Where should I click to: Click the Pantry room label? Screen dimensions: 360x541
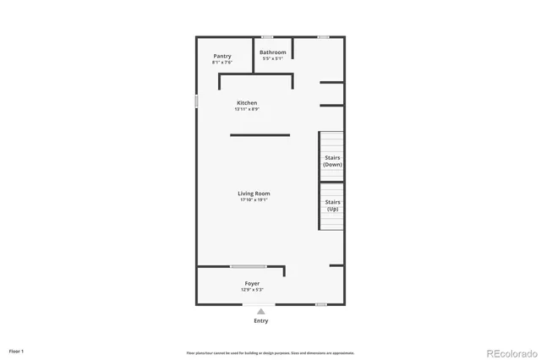click(x=222, y=56)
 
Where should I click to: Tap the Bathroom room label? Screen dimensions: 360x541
click(x=272, y=52)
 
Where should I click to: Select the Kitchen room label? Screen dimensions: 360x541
click(x=247, y=102)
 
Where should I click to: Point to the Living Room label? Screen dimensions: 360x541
click(x=254, y=194)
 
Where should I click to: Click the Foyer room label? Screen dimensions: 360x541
click(x=252, y=283)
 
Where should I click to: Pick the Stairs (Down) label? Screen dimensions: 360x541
click(x=332, y=161)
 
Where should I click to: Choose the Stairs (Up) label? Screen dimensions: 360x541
click(x=332, y=205)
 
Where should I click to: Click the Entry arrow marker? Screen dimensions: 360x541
click(x=260, y=311)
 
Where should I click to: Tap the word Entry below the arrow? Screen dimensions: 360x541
click(x=260, y=321)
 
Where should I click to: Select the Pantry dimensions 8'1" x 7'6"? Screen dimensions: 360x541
click(x=222, y=63)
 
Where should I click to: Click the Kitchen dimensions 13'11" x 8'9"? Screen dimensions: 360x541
click(x=247, y=109)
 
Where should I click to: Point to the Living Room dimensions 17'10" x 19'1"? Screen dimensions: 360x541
click(x=254, y=200)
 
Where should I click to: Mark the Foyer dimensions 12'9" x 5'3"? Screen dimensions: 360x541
click(x=252, y=290)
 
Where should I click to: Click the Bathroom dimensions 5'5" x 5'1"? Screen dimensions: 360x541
click(x=272, y=59)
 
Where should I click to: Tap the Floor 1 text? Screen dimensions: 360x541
click(x=16, y=351)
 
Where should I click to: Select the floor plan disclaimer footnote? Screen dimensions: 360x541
click(x=270, y=352)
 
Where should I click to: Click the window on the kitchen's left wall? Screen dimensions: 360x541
click(x=197, y=101)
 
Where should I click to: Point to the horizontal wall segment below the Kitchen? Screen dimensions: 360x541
click(x=260, y=135)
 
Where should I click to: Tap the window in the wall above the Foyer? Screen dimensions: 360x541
click(x=249, y=267)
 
